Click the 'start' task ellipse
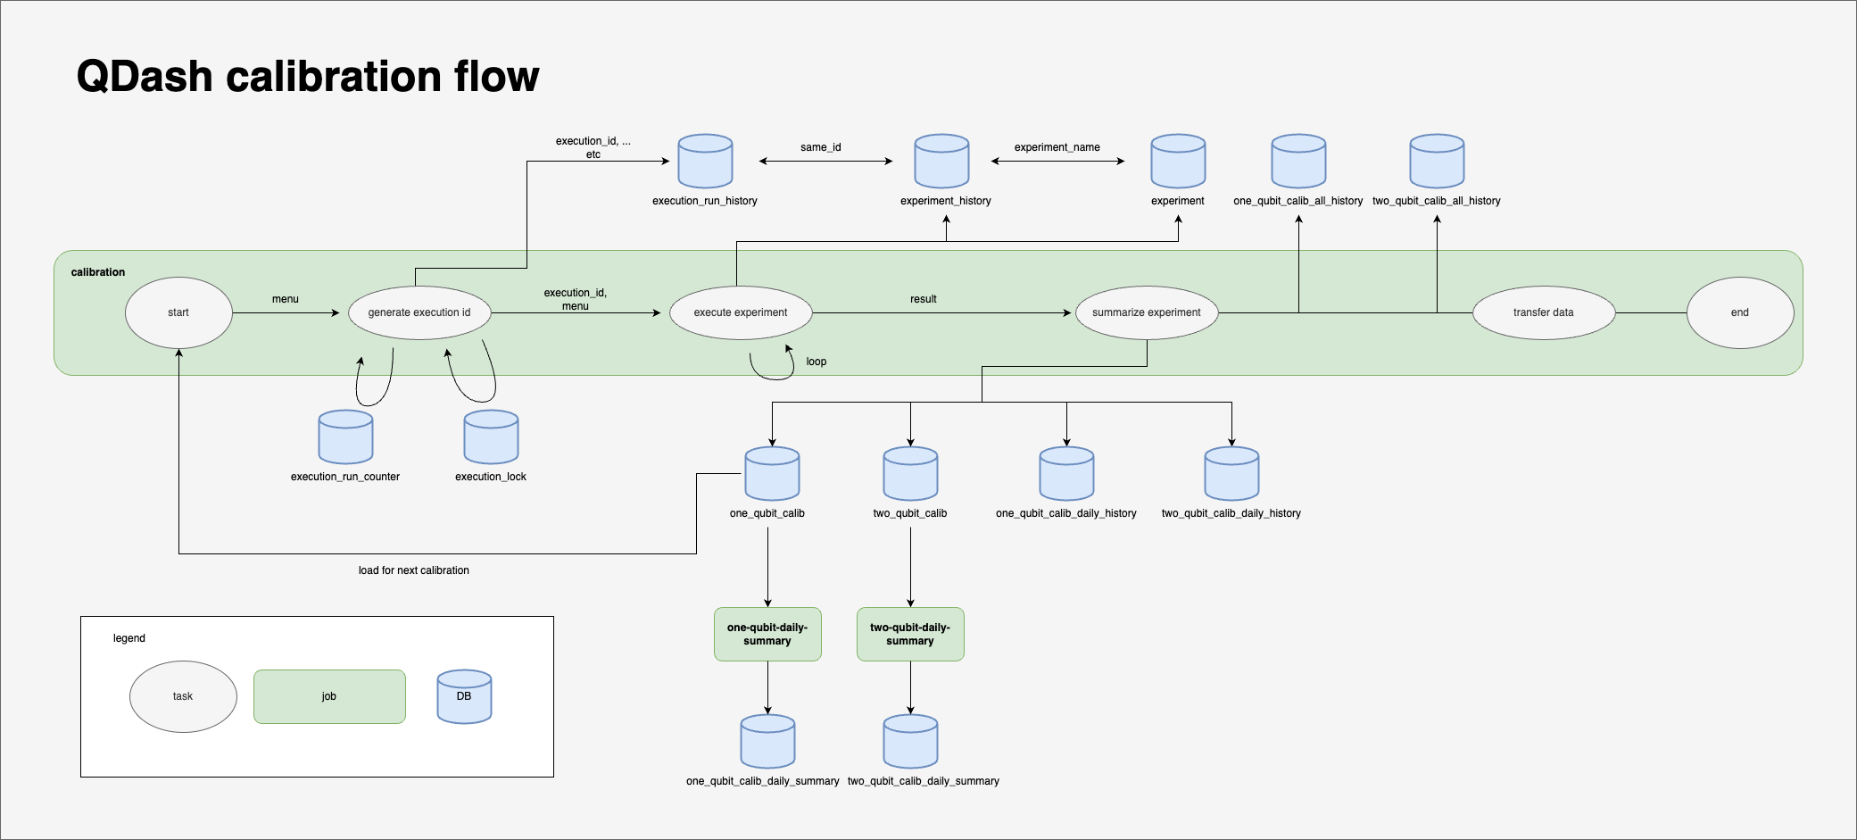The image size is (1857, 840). click(x=178, y=312)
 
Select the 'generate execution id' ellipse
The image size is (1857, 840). click(x=419, y=312)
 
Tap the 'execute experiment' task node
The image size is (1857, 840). click(x=741, y=312)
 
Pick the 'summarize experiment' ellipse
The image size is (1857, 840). click(x=1147, y=312)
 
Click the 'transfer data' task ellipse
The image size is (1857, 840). click(x=1544, y=312)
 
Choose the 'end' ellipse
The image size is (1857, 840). click(x=1740, y=312)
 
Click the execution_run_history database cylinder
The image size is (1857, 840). click(x=705, y=162)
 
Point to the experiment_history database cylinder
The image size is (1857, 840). click(x=941, y=162)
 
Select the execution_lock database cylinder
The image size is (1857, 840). click(x=491, y=437)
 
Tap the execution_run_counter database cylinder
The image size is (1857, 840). click(x=345, y=437)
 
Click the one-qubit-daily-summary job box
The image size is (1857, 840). click(x=767, y=634)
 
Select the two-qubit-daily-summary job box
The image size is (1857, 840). click(x=910, y=634)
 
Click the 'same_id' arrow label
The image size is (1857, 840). click(x=821, y=147)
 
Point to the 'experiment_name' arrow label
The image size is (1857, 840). click(x=1057, y=147)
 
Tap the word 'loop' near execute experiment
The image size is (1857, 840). click(x=816, y=362)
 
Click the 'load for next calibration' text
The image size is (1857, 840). click(x=413, y=570)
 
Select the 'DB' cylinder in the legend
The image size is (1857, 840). click(x=464, y=697)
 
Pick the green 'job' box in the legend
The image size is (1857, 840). click(x=329, y=696)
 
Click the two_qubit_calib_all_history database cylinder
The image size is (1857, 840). click(x=1437, y=162)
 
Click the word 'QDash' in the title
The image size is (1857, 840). click(x=144, y=77)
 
